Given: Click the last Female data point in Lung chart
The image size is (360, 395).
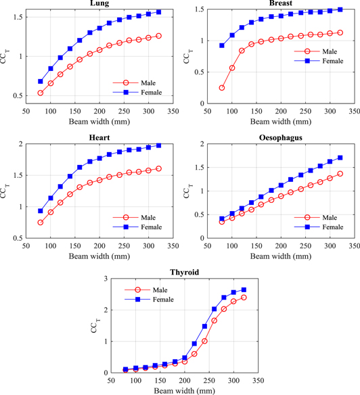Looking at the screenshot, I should [159, 12].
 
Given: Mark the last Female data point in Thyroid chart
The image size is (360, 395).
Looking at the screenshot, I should [244, 290].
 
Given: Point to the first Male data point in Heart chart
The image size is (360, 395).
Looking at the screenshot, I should [41, 223].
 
